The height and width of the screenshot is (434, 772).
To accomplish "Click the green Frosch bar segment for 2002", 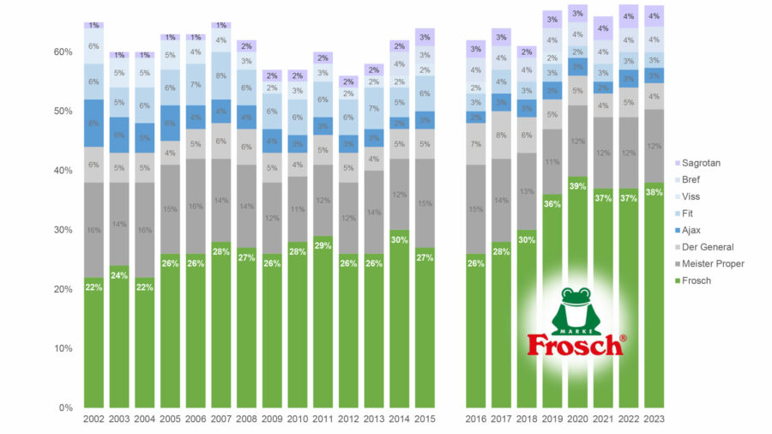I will coord(94,343).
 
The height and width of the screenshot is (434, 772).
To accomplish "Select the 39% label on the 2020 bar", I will coord(577,186).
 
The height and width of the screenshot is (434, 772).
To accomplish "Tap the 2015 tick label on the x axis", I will coord(425,419).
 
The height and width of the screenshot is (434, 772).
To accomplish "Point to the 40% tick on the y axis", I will coord(63,171).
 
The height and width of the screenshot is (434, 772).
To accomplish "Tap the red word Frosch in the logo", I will coord(574,345).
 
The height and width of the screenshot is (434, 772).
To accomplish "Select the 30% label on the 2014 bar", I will coord(399,239).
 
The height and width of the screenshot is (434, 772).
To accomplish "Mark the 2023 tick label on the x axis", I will coord(654,419).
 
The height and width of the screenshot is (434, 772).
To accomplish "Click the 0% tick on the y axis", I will coord(65,407).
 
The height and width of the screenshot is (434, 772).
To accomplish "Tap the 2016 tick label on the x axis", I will coord(475,419).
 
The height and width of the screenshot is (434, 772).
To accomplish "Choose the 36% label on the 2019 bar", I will coord(552,204).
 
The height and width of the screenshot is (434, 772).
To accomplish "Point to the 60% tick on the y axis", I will coord(63,52).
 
